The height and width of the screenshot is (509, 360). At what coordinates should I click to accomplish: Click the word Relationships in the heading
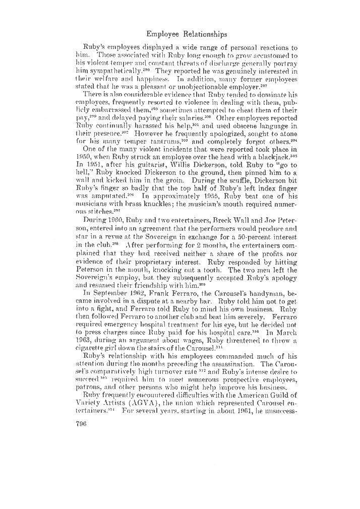tap(202, 34)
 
